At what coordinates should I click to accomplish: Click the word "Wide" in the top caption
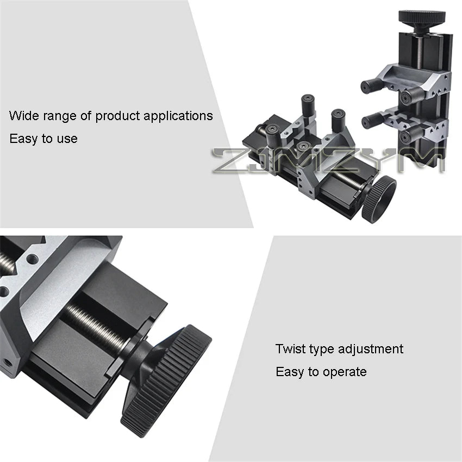(x=24, y=115)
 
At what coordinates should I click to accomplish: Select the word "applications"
(x=178, y=116)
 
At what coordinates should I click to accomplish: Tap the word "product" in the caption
(x=117, y=116)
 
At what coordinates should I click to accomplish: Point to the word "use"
(x=67, y=139)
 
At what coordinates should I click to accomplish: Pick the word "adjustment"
(x=371, y=349)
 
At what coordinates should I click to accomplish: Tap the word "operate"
(x=345, y=372)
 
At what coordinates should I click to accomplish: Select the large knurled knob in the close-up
(x=166, y=380)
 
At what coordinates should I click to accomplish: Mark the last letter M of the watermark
(x=428, y=160)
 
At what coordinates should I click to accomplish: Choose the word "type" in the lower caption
(x=321, y=349)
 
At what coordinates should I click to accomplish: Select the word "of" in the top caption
(x=86, y=115)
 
